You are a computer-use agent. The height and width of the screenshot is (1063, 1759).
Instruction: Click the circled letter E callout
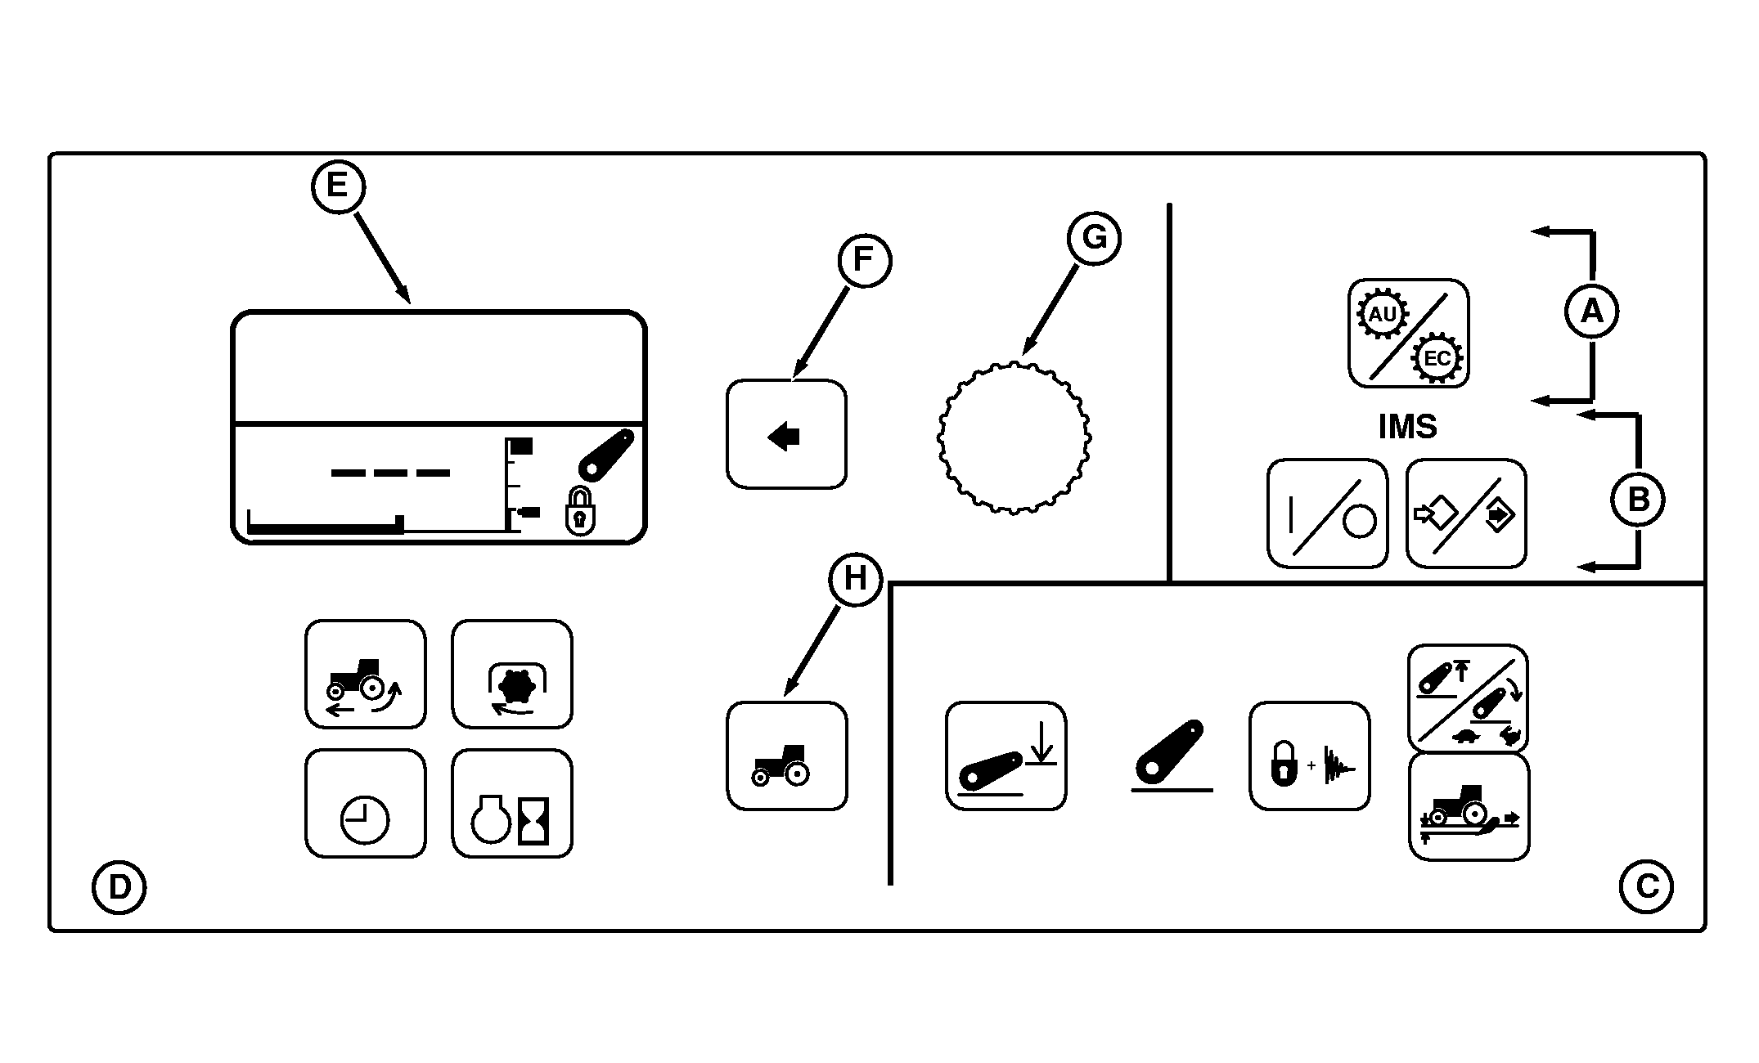click(x=337, y=186)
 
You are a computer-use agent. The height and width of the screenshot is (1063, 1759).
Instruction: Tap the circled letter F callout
click(x=864, y=260)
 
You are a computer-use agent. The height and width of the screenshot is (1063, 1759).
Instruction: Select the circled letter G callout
click(x=1094, y=238)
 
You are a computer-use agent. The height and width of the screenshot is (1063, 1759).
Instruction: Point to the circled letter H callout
click(x=855, y=579)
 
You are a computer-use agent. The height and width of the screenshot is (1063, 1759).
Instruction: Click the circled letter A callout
click(x=1591, y=312)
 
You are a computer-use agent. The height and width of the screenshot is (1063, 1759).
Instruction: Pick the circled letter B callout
click(x=1637, y=499)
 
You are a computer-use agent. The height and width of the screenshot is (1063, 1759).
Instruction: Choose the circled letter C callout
click(x=1645, y=887)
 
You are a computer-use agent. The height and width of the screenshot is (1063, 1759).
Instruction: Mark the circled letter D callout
click(x=119, y=887)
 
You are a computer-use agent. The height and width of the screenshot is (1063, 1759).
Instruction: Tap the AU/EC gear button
click(x=1408, y=333)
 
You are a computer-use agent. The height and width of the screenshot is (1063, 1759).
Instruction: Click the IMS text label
click(x=1407, y=427)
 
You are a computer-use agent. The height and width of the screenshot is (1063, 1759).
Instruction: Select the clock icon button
click(x=365, y=803)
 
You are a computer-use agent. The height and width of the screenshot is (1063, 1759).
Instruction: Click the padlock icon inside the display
click(x=580, y=512)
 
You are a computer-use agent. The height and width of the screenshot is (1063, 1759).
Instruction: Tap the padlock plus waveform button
click(x=1309, y=756)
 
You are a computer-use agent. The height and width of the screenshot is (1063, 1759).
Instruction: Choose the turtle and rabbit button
click(x=1468, y=698)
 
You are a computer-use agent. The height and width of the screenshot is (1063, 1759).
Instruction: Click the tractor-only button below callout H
click(x=786, y=756)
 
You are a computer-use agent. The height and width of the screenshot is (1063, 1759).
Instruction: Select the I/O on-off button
click(x=1327, y=514)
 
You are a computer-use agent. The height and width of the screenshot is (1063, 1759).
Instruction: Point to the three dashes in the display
click(x=390, y=473)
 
